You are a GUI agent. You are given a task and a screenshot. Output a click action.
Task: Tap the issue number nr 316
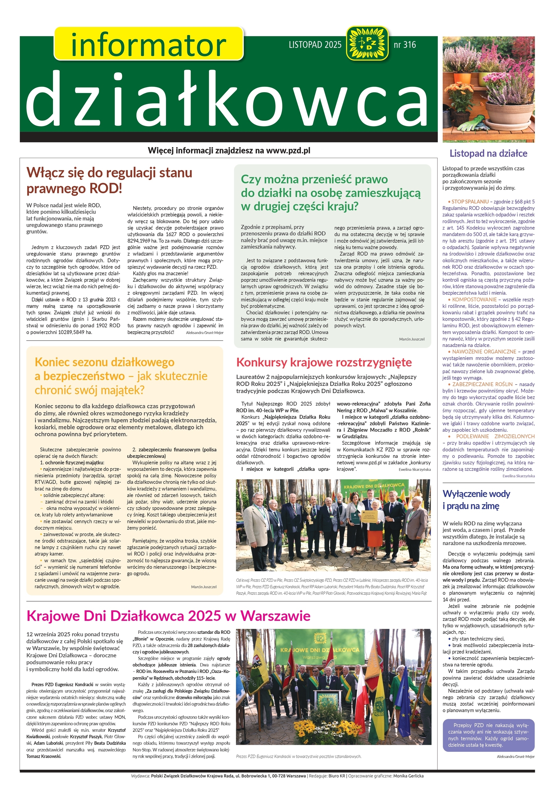[x=405, y=45]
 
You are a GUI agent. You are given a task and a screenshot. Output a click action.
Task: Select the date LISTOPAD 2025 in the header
[x=315, y=45]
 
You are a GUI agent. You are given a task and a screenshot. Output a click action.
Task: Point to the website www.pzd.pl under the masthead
[x=288, y=151]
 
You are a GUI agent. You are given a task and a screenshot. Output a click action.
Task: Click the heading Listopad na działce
[x=488, y=154]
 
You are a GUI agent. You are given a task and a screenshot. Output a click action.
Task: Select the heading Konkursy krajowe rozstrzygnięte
[x=324, y=362]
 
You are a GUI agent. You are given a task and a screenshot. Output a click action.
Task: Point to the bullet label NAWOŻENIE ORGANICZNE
[x=484, y=352]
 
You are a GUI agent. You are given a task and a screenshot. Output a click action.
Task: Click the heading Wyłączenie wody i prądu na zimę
[x=476, y=499]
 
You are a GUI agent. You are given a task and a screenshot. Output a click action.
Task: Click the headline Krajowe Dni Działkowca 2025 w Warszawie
[x=168, y=616]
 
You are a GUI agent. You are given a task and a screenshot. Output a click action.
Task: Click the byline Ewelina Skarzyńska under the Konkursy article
[x=414, y=469]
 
